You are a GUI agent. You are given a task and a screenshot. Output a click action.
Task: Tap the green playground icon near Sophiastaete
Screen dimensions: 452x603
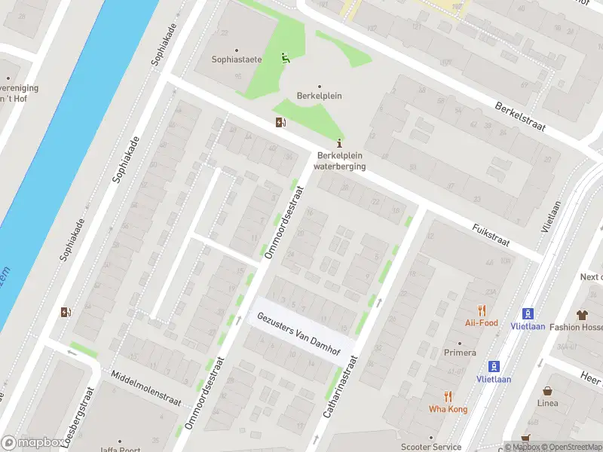click(285, 58)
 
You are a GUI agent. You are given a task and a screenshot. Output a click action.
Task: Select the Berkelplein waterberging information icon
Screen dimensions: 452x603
click(341, 143)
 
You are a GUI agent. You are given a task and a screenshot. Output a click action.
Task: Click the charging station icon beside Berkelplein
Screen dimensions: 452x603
click(281, 123)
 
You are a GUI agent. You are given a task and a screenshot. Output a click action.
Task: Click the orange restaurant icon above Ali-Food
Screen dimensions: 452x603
click(482, 310)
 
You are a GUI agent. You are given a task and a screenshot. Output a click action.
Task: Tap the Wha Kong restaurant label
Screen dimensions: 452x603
click(448, 409)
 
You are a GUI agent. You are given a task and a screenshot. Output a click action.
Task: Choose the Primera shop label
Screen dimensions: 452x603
click(460, 353)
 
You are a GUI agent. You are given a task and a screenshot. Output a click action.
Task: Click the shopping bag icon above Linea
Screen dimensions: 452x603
click(547, 390)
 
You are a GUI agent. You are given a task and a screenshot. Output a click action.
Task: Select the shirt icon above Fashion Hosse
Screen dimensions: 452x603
click(582, 314)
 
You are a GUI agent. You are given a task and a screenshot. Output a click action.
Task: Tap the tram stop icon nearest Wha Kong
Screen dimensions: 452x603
click(494, 367)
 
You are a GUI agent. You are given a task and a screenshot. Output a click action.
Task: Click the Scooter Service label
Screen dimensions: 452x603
click(431, 447)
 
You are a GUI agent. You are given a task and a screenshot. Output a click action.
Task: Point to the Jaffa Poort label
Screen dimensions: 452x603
click(121, 450)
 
